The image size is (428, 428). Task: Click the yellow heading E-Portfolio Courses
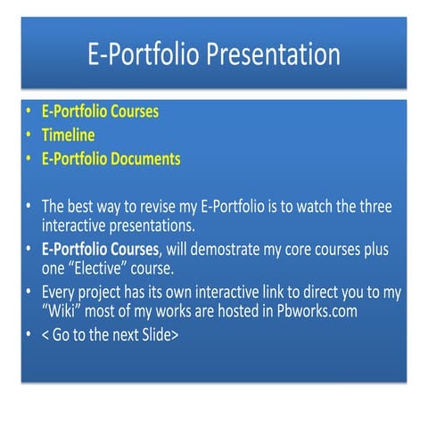point(101,113)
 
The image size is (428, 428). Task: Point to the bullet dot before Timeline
point(29,136)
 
